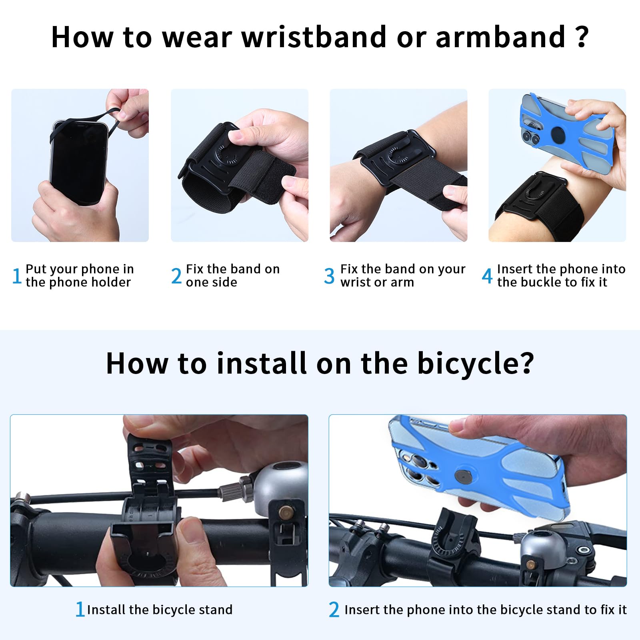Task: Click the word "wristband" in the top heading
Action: point(314,37)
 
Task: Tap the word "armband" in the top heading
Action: point(500,37)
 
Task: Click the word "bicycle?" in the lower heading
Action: point(476,364)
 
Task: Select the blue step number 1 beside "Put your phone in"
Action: point(17,276)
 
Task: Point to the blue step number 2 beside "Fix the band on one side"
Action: point(176,276)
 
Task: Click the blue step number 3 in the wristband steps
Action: point(329,276)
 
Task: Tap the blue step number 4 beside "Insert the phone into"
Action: point(487,276)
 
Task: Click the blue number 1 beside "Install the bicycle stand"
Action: point(80,609)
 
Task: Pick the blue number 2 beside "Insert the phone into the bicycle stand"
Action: point(334,610)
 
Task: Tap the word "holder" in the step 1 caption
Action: point(111,282)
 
